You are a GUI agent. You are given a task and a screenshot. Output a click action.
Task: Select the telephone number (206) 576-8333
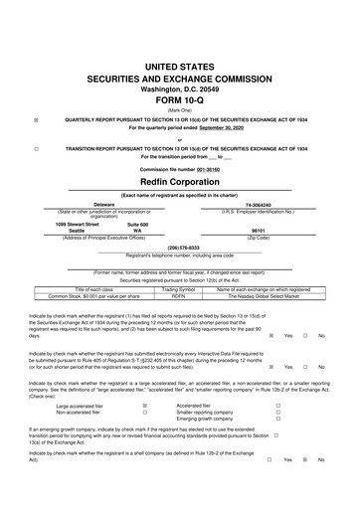[179, 247]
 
